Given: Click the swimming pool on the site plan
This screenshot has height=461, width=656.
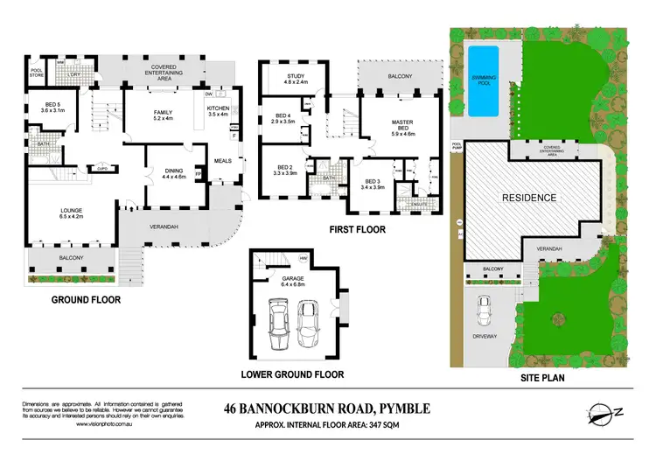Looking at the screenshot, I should pyautogui.click(x=483, y=80).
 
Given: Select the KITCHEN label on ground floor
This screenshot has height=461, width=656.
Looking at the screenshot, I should pyautogui.click(x=219, y=108).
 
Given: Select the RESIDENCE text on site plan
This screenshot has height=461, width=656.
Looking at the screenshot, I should pyautogui.click(x=527, y=198).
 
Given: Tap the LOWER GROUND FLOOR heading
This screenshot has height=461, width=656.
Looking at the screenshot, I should pyautogui.click(x=293, y=374).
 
